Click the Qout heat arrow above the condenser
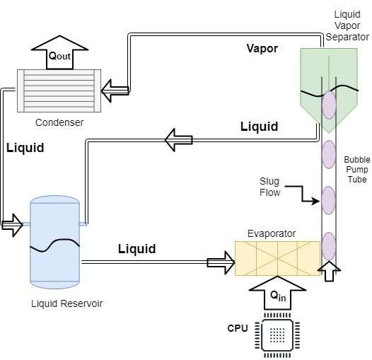coord(59,52)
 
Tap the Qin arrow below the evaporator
coord(277,293)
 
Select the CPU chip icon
coord(277,335)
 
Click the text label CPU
coord(238,328)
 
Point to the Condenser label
coord(59,122)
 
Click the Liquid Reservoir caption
coord(67,303)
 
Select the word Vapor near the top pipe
coord(262,48)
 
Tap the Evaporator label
coord(272,233)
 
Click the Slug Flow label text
coord(270,187)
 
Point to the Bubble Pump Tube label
coord(357,170)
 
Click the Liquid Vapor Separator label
coord(347,25)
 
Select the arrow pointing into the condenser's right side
coord(115,91)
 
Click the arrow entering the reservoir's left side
coord(12,225)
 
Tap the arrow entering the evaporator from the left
coord(221,263)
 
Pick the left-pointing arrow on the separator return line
coord(179,140)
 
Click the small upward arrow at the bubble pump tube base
coord(329,271)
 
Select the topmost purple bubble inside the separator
coord(329,105)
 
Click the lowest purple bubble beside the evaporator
coord(329,246)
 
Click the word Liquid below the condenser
coord(25,148)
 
